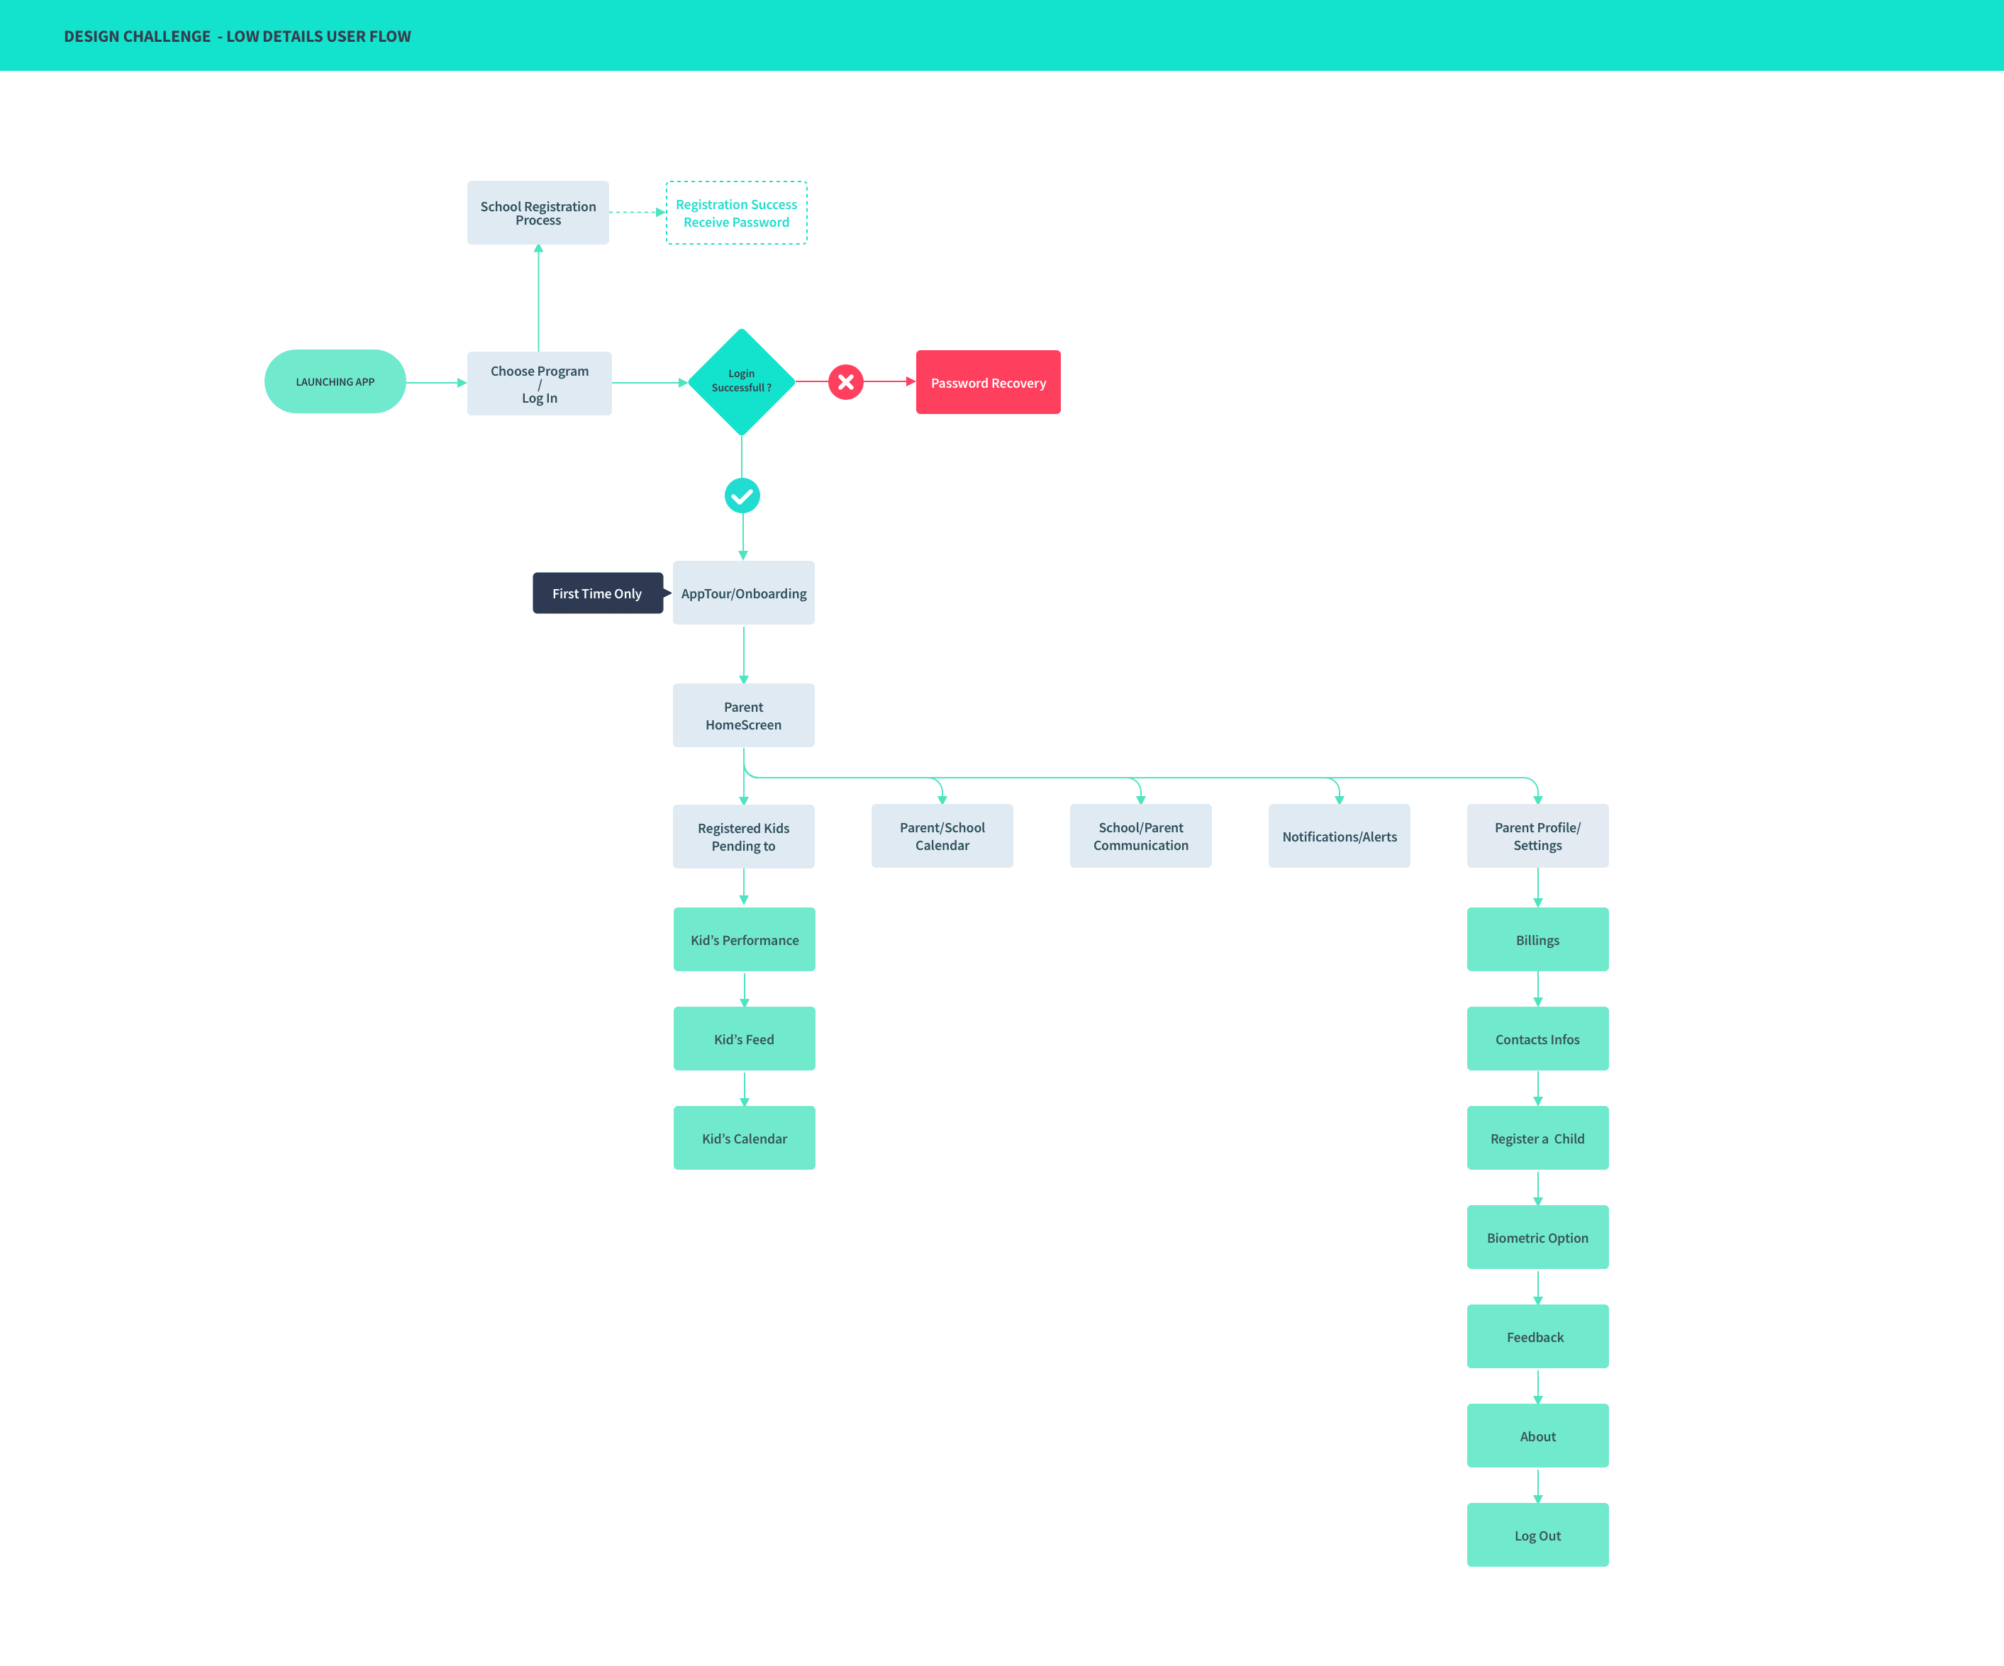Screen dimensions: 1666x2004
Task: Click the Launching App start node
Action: [x=335, y=381]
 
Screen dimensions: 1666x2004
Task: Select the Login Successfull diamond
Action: [x=742, y=381]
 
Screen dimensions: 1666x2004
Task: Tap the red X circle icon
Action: [x=845, y=381]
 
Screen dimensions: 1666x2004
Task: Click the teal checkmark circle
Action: [x=742, y=496]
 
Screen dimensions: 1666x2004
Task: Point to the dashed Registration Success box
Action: [x=736, y=213]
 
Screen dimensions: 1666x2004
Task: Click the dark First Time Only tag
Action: [x=596, y=593]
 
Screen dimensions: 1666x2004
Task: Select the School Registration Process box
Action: [x=538, y=213]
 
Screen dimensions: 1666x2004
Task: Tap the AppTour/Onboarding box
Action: [x=743, y=593]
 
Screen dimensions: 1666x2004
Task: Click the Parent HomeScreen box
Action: [x=743, y=715]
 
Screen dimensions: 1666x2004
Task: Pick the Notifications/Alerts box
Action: [x=1339, y=837]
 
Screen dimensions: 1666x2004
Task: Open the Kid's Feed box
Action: [x=745, y=1039]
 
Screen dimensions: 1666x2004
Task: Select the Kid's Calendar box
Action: [x=745, y=1139]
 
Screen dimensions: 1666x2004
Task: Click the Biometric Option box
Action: [x=1537, y=1238]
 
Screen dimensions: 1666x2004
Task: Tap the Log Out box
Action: [x=1537, y=1536]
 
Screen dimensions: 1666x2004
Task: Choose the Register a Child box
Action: [x=1537, y=1139]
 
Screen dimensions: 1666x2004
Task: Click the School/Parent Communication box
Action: [x=1140, y=837]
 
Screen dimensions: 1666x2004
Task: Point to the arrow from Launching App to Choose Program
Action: [x=436, y=383]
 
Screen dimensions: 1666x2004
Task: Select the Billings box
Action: [x=1537, y=940]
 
